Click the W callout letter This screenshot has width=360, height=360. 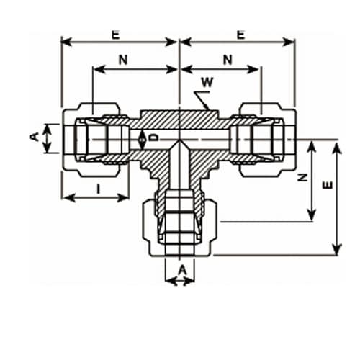[207, 82]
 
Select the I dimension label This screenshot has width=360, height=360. [98, 189]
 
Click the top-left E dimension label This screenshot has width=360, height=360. [116, 35]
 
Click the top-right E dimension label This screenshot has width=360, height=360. [240, 35]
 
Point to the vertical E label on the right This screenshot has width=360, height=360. [328, 185]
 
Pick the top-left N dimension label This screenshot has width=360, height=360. [123, 60]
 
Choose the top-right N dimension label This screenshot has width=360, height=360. [228, 60]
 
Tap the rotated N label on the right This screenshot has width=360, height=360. [302, 177]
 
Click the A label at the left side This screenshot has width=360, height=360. [34, 137]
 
